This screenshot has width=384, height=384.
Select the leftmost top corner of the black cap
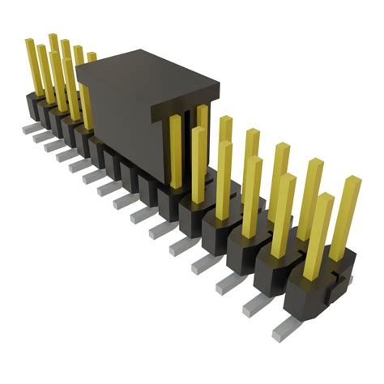coord(77,68)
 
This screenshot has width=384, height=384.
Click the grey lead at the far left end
coord(27,127)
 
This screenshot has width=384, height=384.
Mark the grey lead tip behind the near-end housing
coord(347,279)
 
